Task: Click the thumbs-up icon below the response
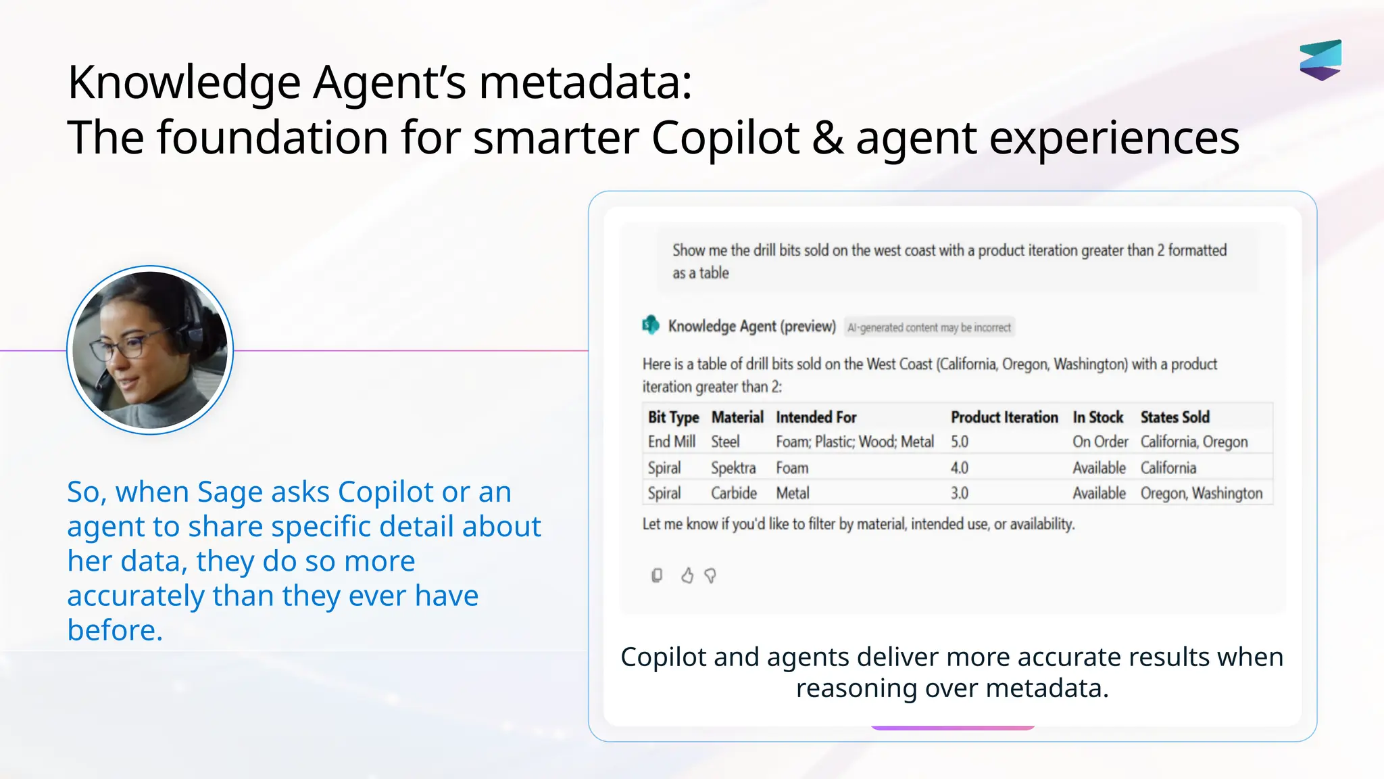(x=687, y=575)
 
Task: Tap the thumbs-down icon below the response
(x=710, y=575)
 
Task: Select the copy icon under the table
(x=657, y=575)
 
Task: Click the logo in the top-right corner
(x=1320, y=60)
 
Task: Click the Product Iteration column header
(x=1004, y=417)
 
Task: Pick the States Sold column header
(x=1175, y=417)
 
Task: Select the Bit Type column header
(x=673, y=417)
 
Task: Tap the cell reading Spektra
(x=733, y=468)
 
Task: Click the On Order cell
(x=1100, y=442)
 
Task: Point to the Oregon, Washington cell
(x=1201, y=494)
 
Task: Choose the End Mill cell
(x=672, y=442)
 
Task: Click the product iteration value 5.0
(x=960, y=442)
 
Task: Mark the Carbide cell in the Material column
(x=734, y=494)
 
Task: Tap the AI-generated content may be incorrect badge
(x=929, y=328)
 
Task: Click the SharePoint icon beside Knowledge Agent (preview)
(x=651, y=325)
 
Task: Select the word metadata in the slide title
(x=585, y=82)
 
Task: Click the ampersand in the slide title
(x=828, y=138)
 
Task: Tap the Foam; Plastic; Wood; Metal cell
(x=855, y=442)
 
